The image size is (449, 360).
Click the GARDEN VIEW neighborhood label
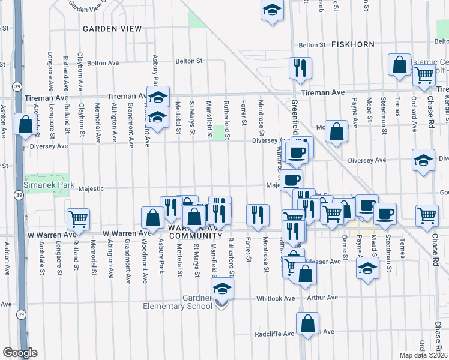coord(112,29)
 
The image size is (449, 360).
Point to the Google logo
coord(19,353)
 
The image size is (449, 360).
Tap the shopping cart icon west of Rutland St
coord(78,219)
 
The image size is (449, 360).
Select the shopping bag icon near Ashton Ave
coord(25,125)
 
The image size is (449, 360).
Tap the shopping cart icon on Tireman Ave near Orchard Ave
coord(424,76)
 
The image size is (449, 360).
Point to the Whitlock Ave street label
coord(276,298)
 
